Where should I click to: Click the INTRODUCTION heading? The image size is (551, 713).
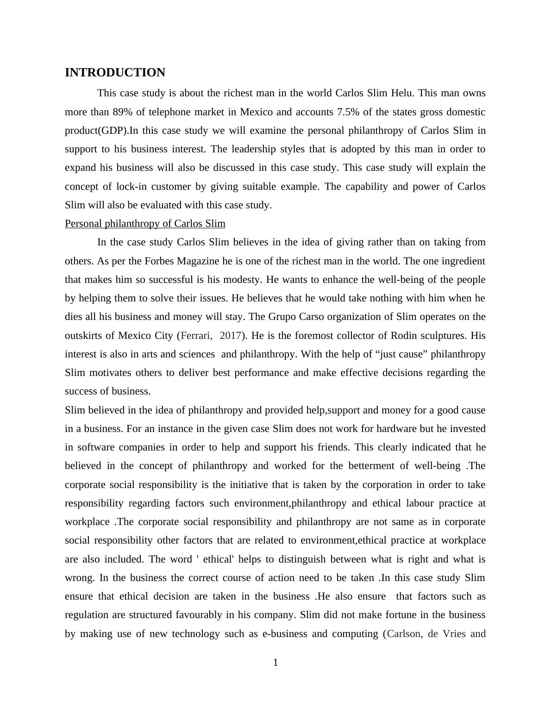[x=115, y=73]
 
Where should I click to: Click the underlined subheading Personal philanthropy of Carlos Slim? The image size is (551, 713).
[x=145, y=224]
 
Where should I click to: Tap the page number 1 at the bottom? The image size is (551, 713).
[x=275, y=663]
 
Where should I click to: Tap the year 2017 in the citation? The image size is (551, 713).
[x=230, y=336]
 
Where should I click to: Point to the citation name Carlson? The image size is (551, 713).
[x=404, y=634]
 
